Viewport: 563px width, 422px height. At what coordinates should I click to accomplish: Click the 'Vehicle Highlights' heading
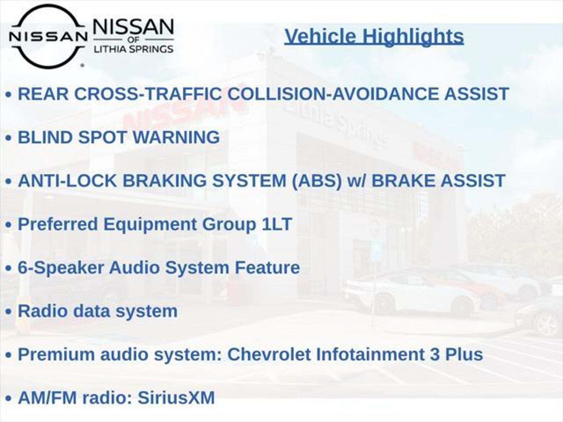[x=374, y=37]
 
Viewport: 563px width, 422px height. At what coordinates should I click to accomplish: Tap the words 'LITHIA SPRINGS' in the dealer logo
[x=134, y=49]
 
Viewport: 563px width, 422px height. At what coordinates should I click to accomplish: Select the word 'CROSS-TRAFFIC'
[x=148, y=94]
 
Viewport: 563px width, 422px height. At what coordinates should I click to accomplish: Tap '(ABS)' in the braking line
[x=316, y=181]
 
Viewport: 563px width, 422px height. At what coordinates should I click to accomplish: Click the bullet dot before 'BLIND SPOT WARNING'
[x=9, y=138]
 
